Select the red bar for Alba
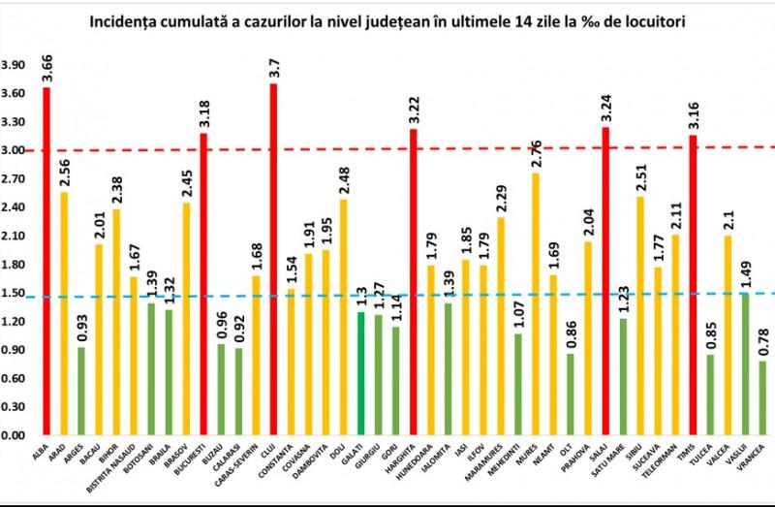pos(46,262)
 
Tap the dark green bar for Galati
pos(360,373)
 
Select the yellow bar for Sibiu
pos(640,315)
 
